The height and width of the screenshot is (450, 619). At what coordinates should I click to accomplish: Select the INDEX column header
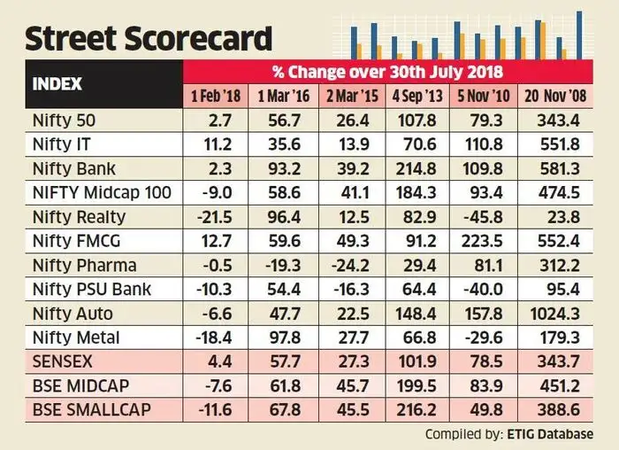[x=57, y=84]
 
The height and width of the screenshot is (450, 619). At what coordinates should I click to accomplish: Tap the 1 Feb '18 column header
[x=215, y=95]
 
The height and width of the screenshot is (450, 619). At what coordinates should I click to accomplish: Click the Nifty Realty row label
[x=78, y=216]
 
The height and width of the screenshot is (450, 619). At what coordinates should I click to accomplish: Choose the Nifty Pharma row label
[x=83, y=264]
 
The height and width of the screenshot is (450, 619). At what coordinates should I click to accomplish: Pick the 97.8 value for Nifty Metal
[x=277, y=337]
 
